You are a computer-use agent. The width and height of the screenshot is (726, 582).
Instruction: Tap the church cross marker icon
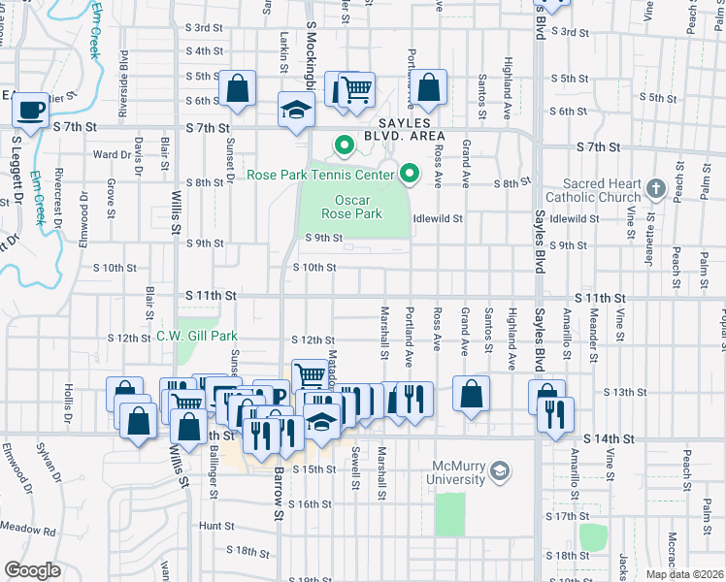(x=655, y=188)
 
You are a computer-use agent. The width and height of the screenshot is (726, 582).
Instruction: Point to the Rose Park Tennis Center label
(x=320, y=175)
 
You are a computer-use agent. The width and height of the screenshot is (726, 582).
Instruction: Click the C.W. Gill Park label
(x=197, y=337)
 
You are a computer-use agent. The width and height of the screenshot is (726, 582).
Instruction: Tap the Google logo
(x=32, y=570)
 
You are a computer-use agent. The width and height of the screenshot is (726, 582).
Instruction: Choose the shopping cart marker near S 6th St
(x=356, y=90)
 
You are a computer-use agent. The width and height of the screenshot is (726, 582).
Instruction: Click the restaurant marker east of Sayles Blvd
(x=556, y=414)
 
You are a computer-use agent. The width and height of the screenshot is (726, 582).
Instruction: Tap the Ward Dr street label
(x=112, y=154)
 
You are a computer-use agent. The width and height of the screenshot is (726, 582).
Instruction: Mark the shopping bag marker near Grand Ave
(x=471, y=395)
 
